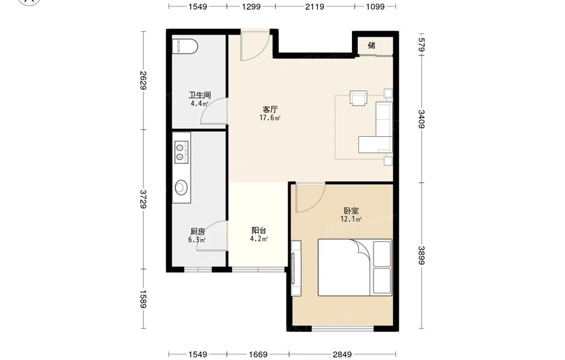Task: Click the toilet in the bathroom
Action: click(x=185, y=46)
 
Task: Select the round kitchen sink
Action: click(x=181, y=188)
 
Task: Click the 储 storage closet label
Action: click(x=372, y=45)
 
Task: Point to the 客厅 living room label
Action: click(x=270, y=109)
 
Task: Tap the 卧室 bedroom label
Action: click(x=351, y=210)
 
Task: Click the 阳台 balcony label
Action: click(x=259, y=230)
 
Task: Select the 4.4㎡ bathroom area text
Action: click(x=199, y=104)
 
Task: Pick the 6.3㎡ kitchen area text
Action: click(x=197, y=240)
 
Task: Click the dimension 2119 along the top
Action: click(x=315, y=6)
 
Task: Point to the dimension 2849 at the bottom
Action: click(x=342, y=354)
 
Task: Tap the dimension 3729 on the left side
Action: click(x=143, y=199)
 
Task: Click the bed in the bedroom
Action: click(x=355, y=267)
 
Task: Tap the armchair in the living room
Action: click(x=358, y=98)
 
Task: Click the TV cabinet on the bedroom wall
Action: click(x=296, y=268)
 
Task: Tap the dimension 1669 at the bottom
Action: click(x=258, y=354)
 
